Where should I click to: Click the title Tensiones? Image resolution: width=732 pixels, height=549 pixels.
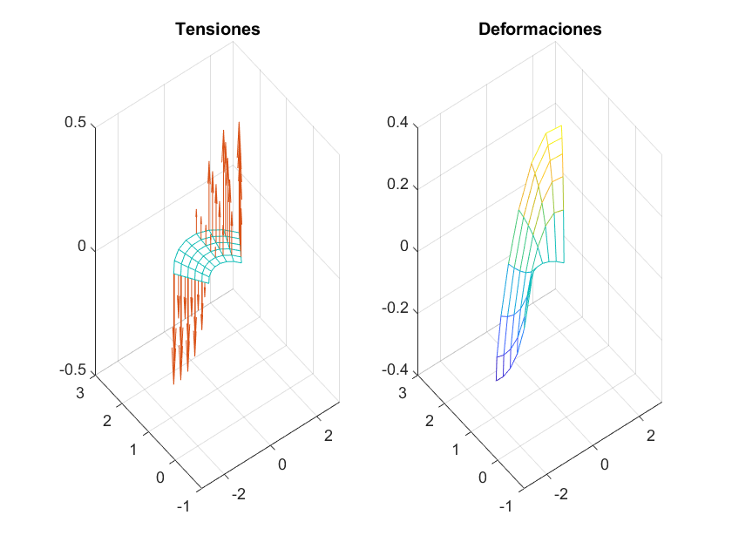pos(218,29)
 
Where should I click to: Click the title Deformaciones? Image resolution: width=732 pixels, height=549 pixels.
pos(540,29)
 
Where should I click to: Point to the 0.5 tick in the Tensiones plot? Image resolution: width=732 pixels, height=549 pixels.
pos(75,123)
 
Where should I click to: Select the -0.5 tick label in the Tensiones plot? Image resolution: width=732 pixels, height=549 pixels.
pos(72,371)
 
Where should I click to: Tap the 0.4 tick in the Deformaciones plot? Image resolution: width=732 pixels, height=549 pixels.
pos(397,123)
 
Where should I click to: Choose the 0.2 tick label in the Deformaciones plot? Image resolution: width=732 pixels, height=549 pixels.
pos(397,186)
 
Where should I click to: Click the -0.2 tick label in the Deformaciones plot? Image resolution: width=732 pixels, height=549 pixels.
pos(395,309)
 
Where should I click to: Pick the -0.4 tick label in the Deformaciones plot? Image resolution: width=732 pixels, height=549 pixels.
pos(395,371)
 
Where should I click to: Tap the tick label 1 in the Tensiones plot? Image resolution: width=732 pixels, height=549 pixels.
pos(133,450)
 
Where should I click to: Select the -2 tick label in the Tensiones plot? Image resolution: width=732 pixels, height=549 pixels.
pos(236,494)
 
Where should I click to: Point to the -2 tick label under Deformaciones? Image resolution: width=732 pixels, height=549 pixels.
pos(559,494)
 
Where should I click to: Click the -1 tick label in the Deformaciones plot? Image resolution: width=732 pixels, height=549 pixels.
pos(505,506)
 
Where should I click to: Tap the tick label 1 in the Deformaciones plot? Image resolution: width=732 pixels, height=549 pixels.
pos(457,450)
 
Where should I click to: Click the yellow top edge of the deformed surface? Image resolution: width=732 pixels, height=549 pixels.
pos(553,130)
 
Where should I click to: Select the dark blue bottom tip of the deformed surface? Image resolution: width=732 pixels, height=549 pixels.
pos(498,380)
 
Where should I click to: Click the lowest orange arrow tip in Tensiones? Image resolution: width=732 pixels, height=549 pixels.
pos(173,383)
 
